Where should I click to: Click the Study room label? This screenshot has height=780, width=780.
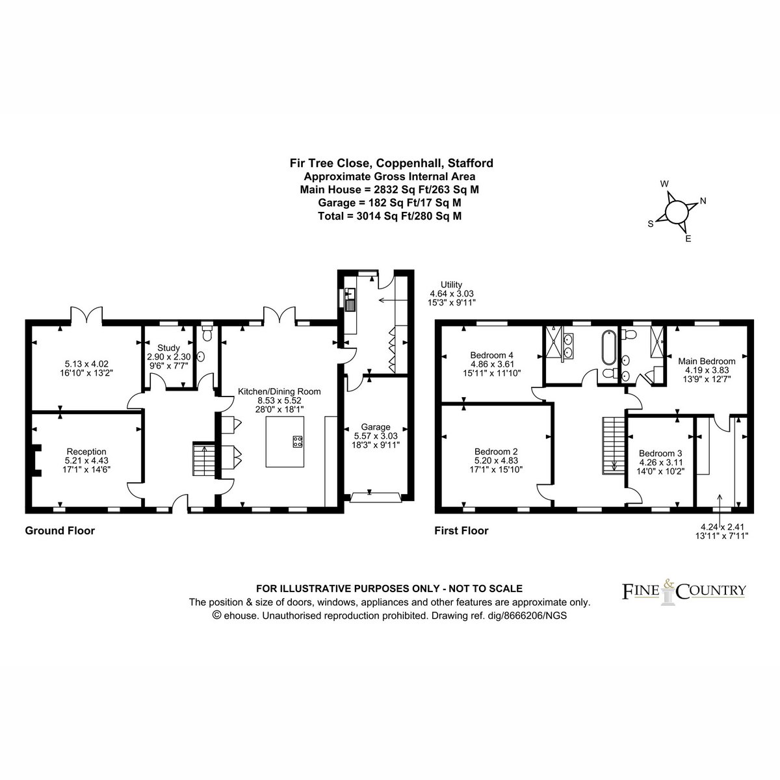pyautogui.click(x=168, y=348)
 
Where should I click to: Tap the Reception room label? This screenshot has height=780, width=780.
pyautogui.click(x=86, y=451)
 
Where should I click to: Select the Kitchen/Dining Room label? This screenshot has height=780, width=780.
pyautogui.click(x=279, y=391)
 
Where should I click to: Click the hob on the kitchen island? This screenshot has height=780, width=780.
pyautogui.click(x=298, y=441)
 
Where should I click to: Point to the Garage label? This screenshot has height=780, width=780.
pyautogui.click(x=376, y=427)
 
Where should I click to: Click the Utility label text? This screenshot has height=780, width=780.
pyautogui.click(x=451, y=285)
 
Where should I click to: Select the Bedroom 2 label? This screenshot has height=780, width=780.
pyautogui.click(x=496, y=451)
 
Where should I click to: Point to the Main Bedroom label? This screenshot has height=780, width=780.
pyautogui.click(x=707, y=361)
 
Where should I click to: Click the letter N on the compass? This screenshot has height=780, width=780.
pyautogui.click(x=703, y=201)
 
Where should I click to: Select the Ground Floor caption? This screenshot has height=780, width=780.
pyautogui.click(x=60, y=530)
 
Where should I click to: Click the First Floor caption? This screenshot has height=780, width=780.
pyautogui.click(x=461, y=530)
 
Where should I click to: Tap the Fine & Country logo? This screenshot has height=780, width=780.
pyautogui.click(x=684, y=591)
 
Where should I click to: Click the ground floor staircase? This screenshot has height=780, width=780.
pyautogui.click(x=203, y=459)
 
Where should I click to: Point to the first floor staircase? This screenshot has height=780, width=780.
pyautogui.click(x=614, y=445)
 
